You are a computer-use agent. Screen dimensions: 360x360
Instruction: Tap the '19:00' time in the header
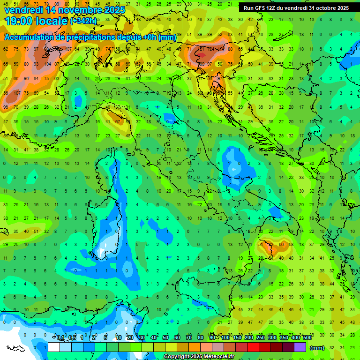click(x=18, y=21)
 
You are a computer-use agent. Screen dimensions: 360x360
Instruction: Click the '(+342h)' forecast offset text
click(x=84, y=21)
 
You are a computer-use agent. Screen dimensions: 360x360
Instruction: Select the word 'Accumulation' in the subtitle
click(x=27, y=37)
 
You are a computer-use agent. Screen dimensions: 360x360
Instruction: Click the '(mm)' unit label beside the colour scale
click(x=317, y=348)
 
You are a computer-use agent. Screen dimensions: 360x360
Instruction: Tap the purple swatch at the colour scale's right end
click(x=300, y=347)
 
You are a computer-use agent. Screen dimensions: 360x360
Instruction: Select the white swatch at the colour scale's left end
click(x=54, y=347)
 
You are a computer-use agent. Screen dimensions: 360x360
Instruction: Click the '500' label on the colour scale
click(x=307, y=337)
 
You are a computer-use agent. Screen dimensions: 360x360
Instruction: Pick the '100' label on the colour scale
click(x=225, y=337)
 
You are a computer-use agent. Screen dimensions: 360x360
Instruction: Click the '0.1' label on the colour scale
click(x=61, y=337)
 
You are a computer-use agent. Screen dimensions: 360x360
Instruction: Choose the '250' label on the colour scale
click(x=260, y=337)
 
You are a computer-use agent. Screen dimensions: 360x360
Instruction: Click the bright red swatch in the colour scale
click(x=253, y=347)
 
